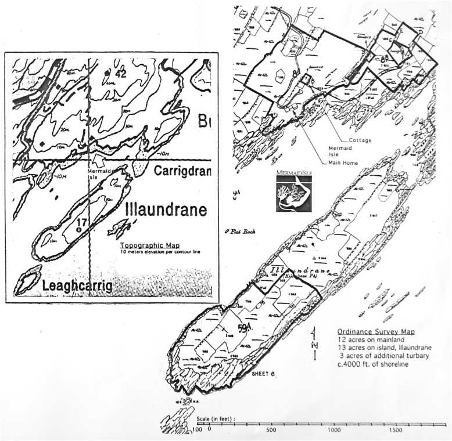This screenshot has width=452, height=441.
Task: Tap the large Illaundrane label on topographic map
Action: point(166,209)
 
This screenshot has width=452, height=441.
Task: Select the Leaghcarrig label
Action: point(77,284)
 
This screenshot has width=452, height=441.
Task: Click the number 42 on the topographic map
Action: point(120,73)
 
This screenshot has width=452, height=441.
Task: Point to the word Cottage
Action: point(361,140)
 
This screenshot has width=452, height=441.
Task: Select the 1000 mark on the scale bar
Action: point(334,430)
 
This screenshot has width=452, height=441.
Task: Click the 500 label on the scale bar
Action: point(271,430)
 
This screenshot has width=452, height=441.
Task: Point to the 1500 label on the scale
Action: point(396,430)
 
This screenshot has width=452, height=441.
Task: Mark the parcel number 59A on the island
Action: point(244,328)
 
